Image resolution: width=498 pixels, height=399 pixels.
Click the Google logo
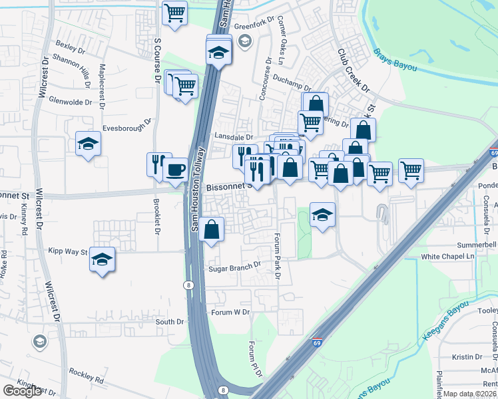(x=22, y=391)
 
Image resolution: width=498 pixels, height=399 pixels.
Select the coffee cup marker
(x=175, y=169)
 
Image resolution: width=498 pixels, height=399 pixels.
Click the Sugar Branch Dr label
(x=235, y=267)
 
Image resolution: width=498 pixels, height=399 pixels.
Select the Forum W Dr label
(x=230, y=312)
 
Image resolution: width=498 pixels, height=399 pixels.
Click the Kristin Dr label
(x=462, y=357)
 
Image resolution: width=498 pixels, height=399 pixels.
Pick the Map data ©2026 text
(x=469, y=394)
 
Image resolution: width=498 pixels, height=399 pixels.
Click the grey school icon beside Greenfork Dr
(x=245, y=42)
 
